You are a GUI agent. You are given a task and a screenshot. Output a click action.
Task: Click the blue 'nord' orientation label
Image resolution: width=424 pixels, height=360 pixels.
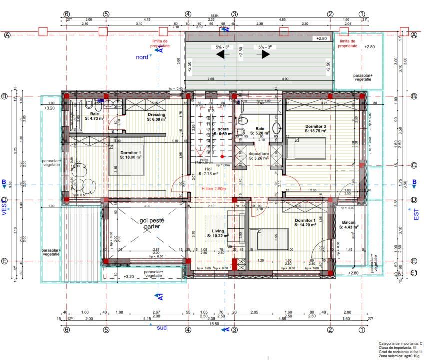142,57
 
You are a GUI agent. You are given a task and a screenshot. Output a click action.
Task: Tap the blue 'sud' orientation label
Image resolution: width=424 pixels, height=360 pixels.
162,328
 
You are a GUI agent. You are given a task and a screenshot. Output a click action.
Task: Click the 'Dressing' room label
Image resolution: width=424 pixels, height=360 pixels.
156,115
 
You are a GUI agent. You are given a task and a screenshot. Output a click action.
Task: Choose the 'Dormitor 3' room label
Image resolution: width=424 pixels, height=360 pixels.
315,127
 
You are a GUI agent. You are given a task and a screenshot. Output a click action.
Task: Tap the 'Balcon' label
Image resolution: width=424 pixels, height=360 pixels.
349,223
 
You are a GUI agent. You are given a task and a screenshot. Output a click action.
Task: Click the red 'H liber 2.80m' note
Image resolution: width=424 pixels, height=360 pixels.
214,189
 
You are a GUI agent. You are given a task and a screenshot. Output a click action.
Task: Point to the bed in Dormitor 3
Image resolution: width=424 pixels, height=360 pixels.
306,149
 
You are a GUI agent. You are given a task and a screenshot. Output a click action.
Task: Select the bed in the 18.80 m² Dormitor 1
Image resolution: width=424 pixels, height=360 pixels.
127,163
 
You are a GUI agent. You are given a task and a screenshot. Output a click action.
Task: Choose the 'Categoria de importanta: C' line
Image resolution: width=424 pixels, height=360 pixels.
400,344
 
